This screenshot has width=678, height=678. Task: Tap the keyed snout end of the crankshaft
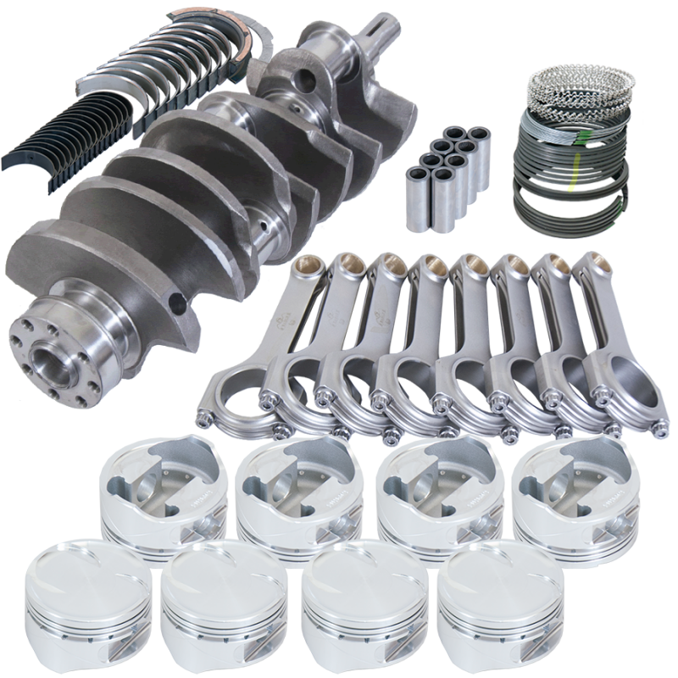(x=386, y=42)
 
